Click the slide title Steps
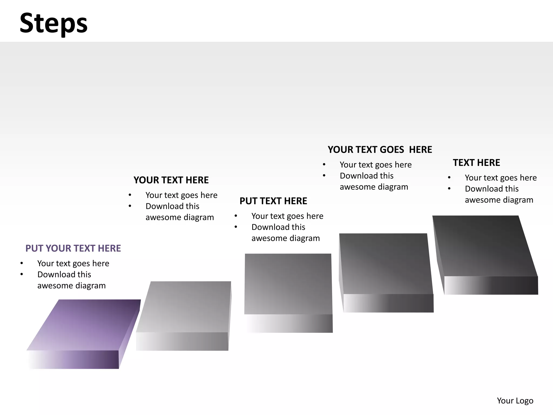coord(53,24)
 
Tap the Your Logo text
coord(515,400)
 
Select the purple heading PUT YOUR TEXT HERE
coord(73,248)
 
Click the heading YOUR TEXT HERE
coord(171,180)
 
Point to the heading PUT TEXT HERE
coord(273,201)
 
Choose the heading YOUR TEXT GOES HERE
coord(380,150)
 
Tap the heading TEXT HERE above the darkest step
coord(476,163)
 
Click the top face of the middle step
coord(288,284)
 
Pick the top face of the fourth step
coord(385,263)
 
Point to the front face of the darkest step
coord(491,285)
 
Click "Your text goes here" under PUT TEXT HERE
coord(287,216)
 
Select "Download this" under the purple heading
coord(64,275)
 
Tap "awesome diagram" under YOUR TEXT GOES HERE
coord(374,187)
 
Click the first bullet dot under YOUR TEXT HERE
coord(130,195)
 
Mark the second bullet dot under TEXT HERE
coord(449,189)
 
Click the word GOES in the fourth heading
coord(392,150)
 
